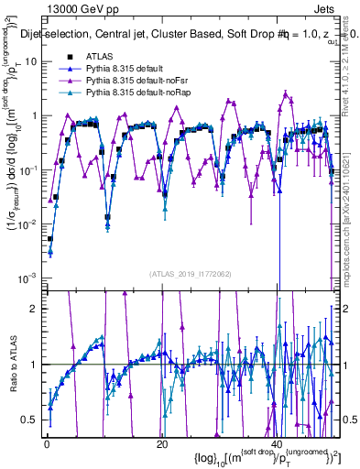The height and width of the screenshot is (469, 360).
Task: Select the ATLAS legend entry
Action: pyautogui.click(x=99, y=57)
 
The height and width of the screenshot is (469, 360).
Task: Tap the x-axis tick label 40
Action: pyautogui.click(x=278, y=443)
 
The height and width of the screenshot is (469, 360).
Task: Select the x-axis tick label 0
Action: pyautogui.click(x=47, y=443)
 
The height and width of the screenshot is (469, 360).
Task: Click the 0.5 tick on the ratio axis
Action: pyautogui.click(x=34, y=420)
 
